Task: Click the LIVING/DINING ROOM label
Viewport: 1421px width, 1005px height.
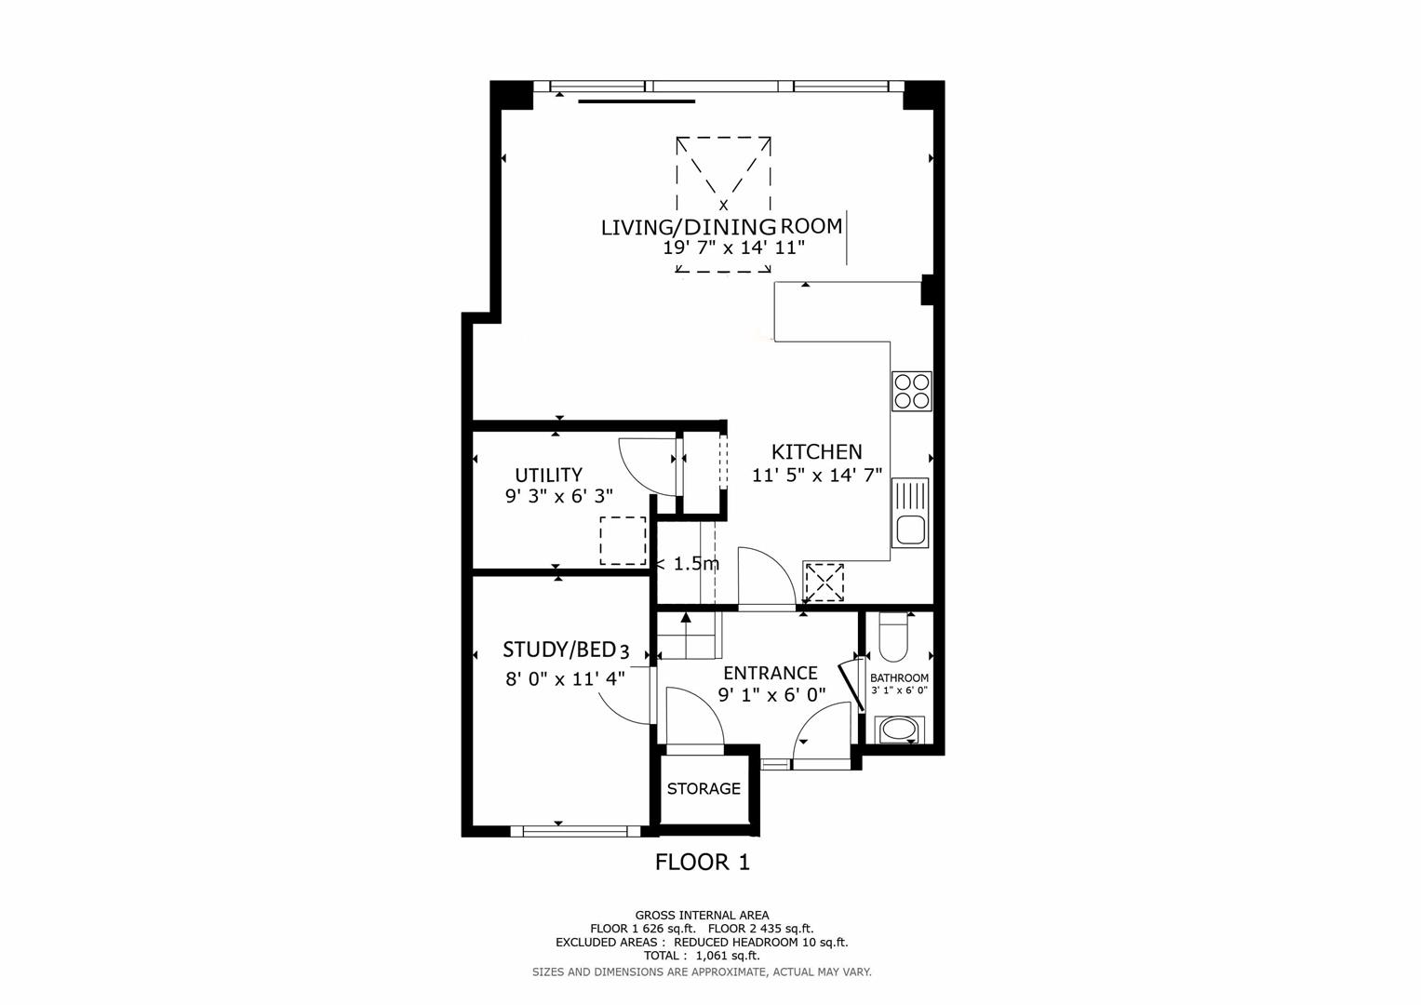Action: pos(721,226)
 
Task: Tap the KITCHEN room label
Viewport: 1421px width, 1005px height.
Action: pos(816,452)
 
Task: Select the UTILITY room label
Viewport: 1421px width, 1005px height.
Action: pos(548,475)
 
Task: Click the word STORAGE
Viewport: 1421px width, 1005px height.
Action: pos(704,789)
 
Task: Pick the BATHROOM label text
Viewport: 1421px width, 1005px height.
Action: pos(899,678)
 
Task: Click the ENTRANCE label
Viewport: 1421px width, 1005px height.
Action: pos(770,673)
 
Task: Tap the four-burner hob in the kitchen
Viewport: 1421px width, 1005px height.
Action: pos(911,391)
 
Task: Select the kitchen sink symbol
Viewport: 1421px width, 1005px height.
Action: pos(910,513)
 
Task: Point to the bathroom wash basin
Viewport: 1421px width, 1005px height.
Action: pos(899,729)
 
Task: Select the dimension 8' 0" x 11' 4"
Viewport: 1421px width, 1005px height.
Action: pos(564,678)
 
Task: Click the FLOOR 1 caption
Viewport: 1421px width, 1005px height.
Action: pos(703,863)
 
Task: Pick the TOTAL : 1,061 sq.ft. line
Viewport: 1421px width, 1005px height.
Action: pos(702,956)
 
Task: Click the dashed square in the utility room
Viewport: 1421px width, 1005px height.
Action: pos(623,541)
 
